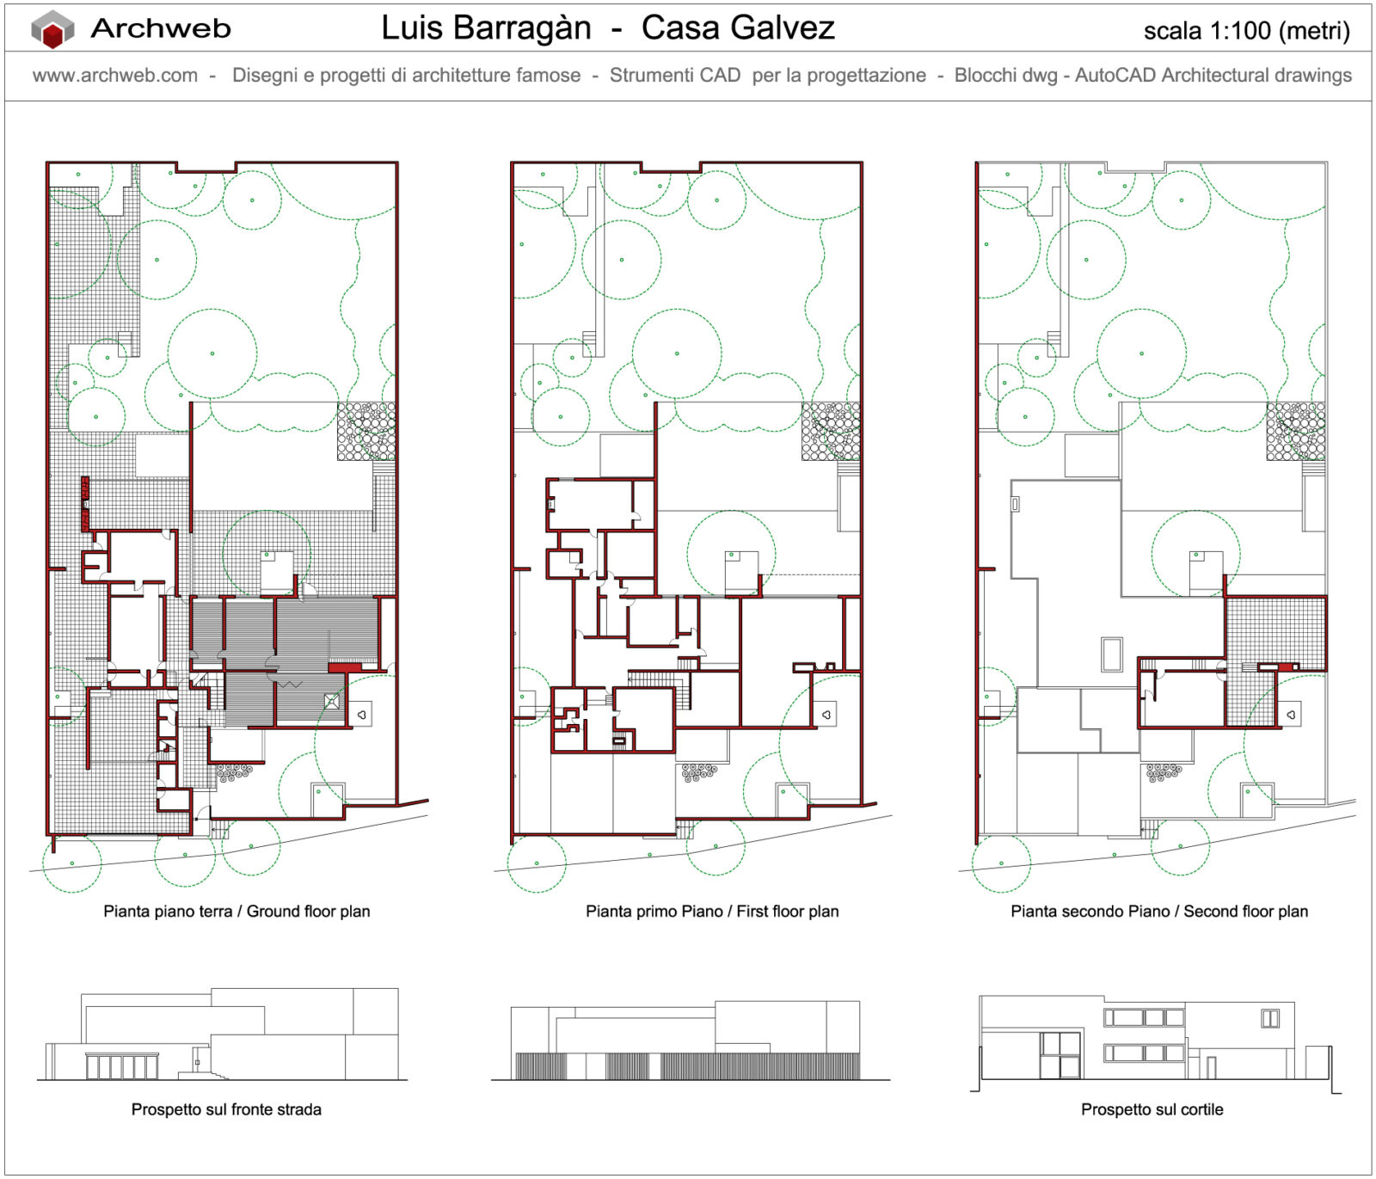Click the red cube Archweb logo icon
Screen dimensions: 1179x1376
click(x=52, y=29)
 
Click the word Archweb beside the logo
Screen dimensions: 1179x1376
click(x=161, y=28)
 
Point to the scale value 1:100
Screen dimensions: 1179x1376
click(x=1240, y=31)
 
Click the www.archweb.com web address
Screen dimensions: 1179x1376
click(x=115, y=76)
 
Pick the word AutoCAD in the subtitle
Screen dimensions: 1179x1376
click(x=1115, y=76)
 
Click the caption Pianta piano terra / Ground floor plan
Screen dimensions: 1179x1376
click(x=236, y=912)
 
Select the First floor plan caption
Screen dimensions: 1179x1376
click(x=712, y=912)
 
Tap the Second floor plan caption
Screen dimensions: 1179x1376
click(x=1159, y=912)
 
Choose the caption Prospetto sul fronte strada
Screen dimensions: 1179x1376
click(x=226, y=1109)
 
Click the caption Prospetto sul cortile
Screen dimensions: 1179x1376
click(x=1152, y=1109)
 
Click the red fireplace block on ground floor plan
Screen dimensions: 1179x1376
click(x=85, y=504)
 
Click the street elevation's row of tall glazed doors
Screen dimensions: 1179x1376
click(x=121, y=1067)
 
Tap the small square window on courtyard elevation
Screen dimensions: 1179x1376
click(x=1269, y=1019)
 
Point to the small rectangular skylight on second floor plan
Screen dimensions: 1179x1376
click(x=1111, y=654)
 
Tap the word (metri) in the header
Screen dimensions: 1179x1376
click(x=1314, y=31)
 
